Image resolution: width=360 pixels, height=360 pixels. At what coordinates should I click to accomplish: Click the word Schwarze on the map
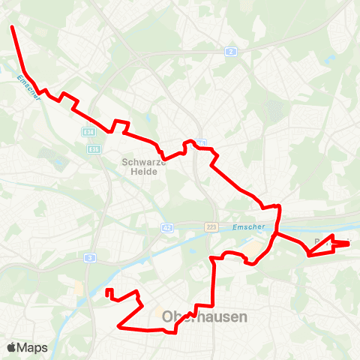pos(139,160)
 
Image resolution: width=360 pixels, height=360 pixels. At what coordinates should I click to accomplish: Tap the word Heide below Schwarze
pos(139,171)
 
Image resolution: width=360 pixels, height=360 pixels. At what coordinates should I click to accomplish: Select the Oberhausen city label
pos(205,317)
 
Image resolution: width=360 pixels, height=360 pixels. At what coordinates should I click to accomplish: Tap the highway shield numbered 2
pos(231,51)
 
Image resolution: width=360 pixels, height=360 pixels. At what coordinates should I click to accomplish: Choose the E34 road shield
pos(90,132)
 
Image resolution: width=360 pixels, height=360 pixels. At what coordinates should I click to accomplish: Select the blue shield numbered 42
pos(166,227)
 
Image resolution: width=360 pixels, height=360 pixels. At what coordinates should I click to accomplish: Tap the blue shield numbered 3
pos(90,257)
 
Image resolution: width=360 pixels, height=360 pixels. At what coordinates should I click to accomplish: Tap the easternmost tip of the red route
pos(349,242)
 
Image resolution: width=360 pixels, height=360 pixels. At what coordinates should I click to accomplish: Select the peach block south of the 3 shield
pos(79,288)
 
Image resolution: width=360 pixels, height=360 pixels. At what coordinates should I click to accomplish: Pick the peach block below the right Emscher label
pos(258,247)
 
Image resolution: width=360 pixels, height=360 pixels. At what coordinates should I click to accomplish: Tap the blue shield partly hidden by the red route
pos(199,142)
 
